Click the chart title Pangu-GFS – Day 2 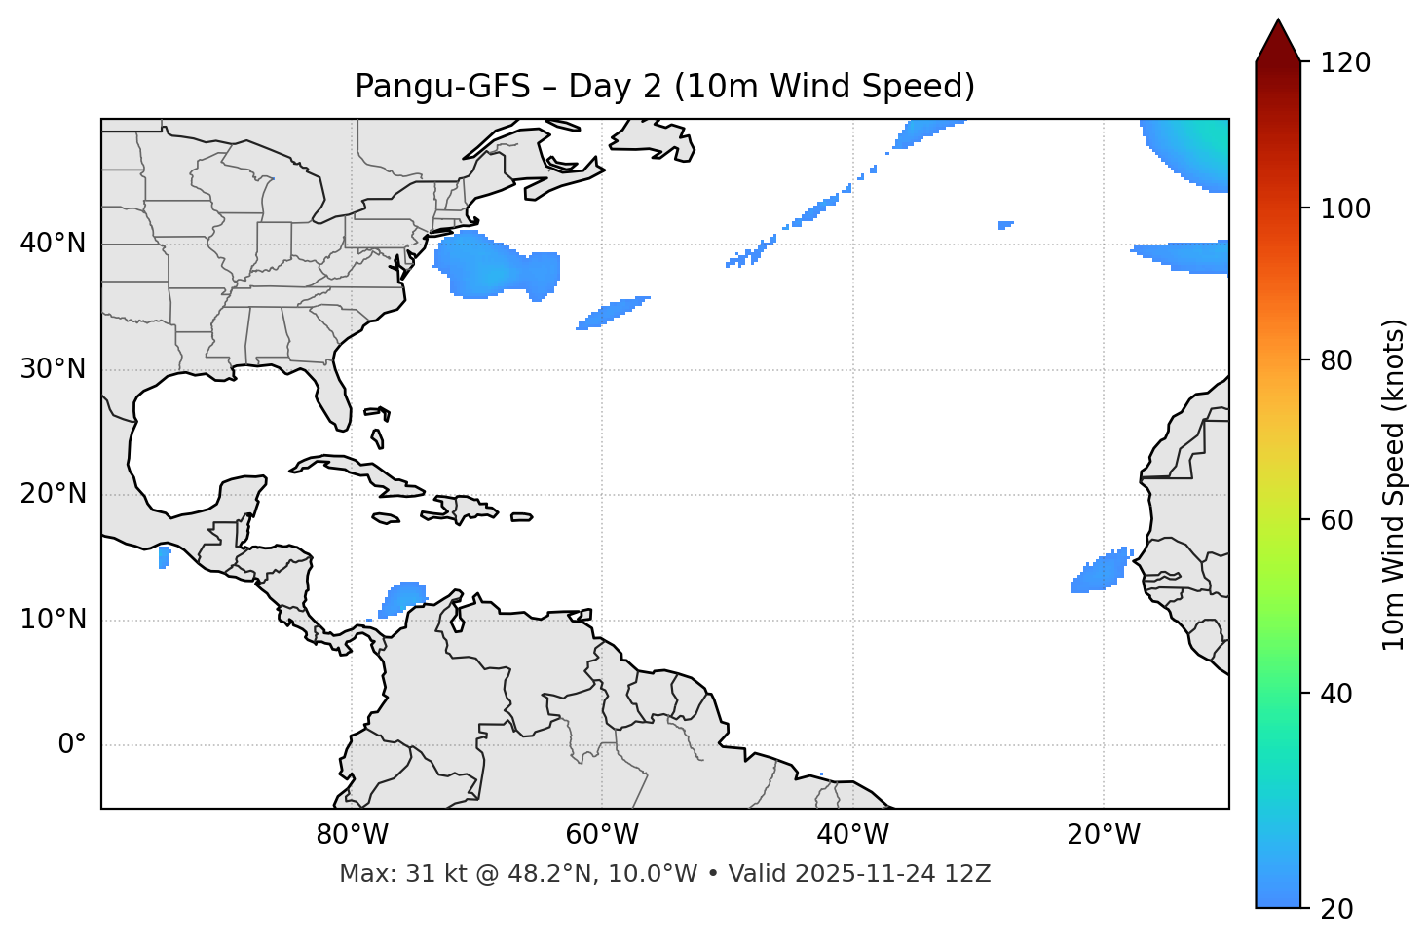(664, 87)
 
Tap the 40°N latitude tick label (53, 244)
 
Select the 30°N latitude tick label (53, 369)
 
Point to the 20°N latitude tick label (53, 494)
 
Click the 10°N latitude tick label (53, 620)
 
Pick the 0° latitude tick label (71, 745)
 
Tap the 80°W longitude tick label (352, 835)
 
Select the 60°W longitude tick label (602, 835)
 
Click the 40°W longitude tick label (852, 835)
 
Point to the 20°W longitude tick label (1104, 835)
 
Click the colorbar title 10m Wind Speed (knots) (1394, 484)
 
